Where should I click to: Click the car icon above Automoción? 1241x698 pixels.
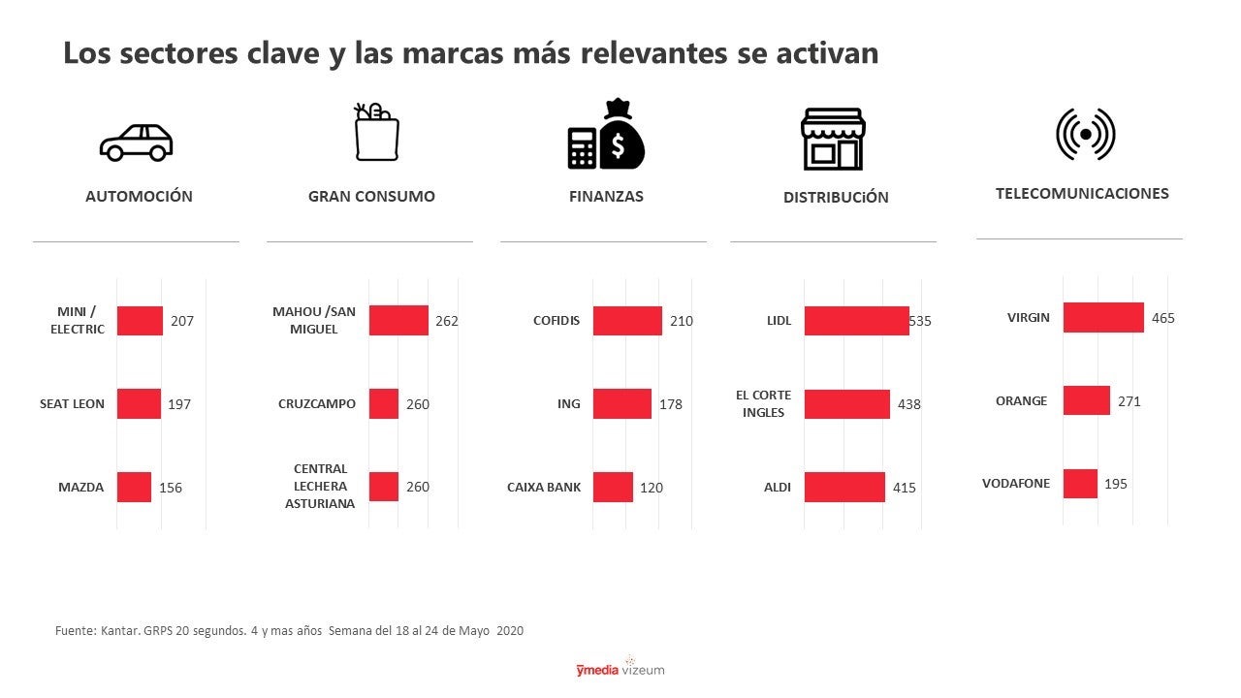[x=136, y=143]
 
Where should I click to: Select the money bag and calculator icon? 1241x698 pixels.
[x=606, y=135]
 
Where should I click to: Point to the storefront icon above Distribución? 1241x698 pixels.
[x=832, y=139]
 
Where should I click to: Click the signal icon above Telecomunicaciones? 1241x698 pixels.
[x=1085, y=134]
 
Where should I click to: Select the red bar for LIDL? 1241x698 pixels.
[x=856, y=321]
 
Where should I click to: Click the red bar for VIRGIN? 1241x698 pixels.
[x=1103, y=317]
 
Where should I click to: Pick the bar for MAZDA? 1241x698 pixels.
[x=134, y=487]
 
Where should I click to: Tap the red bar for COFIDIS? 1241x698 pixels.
[x=627, y=321]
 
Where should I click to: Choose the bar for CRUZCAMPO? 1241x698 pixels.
[x=384, y=403]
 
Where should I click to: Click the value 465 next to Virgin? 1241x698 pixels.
[x=1163, y=318]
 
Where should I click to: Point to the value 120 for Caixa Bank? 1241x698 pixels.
[x=652, y=488]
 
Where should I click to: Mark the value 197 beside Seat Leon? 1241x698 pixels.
[x=179, y=404]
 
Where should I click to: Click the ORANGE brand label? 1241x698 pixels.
[x=1021, y=400]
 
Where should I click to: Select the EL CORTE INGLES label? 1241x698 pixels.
[x=763, y=403]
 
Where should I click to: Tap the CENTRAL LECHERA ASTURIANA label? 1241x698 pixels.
[x=320, y=486]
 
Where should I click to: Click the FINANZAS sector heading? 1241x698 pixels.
[x=606, y=196]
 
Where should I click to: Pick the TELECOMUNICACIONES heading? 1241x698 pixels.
[x=1082, y=193]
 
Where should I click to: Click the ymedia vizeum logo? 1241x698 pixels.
[x=620, y=668]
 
